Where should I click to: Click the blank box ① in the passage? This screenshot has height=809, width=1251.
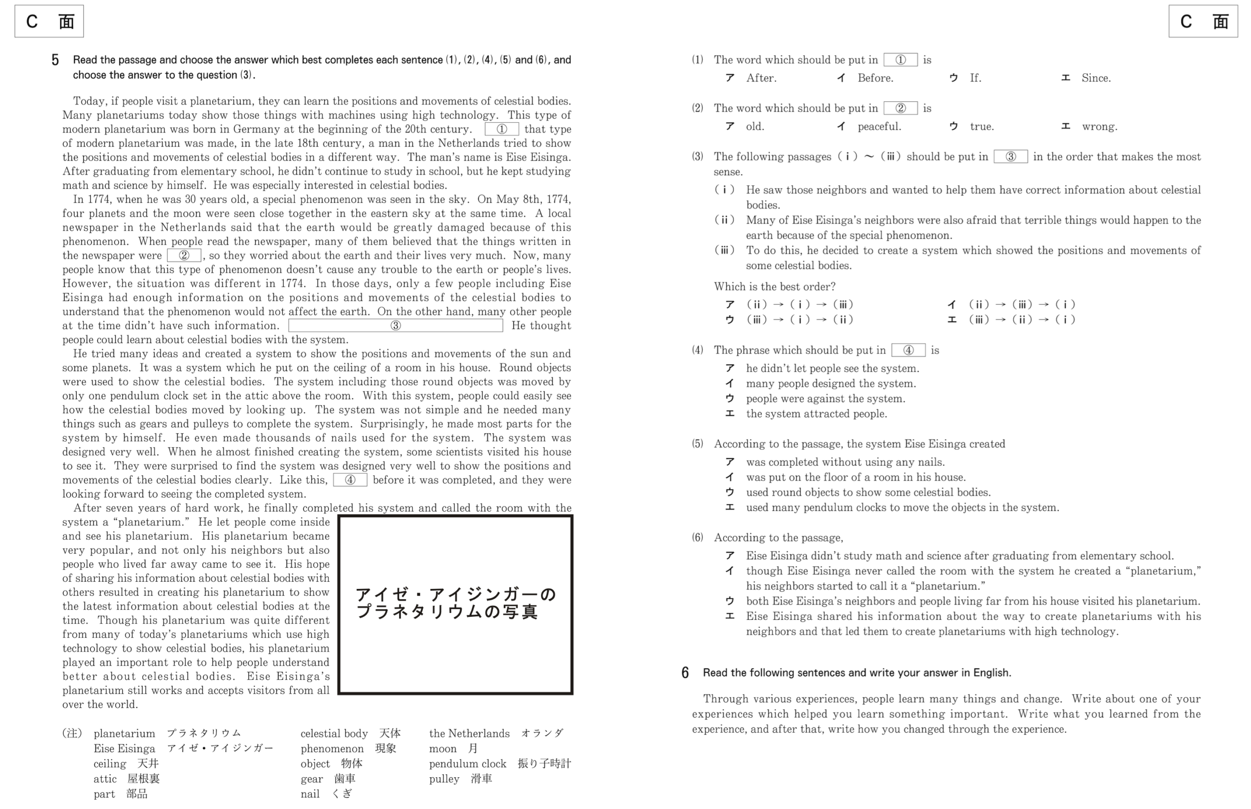click(501, 129)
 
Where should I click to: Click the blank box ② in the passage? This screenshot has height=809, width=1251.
click(184, 256)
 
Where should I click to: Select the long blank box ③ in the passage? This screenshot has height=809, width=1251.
click(395, 326)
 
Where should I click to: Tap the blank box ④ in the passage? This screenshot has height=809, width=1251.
click(350, 480)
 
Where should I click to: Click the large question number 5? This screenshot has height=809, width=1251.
click(55, 61)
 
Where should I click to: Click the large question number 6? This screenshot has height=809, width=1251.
click(685, 673)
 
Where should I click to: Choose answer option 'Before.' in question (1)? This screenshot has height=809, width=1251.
click(875, 78)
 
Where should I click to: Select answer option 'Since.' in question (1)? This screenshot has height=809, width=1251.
click(1096, 78)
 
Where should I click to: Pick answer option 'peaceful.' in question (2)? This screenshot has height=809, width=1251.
click(879, 127)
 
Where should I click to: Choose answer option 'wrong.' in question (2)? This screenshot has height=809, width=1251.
click(1099, 127)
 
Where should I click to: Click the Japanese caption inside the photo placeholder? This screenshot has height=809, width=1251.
click(455, 603)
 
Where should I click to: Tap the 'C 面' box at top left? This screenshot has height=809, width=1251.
click(49, 22)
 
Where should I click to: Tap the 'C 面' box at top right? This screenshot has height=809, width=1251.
click(1203, 22)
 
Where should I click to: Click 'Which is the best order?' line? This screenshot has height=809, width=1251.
click(774, 287)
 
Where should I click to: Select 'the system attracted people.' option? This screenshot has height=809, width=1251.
click(816, 414)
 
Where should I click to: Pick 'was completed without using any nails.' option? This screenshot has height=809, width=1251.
click(845, 462)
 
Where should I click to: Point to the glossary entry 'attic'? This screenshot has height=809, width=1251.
click(105, 779)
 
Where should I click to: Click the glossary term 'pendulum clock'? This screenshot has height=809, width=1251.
click(468, 764)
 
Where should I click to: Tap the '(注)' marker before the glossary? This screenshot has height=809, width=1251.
click(72, 733)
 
